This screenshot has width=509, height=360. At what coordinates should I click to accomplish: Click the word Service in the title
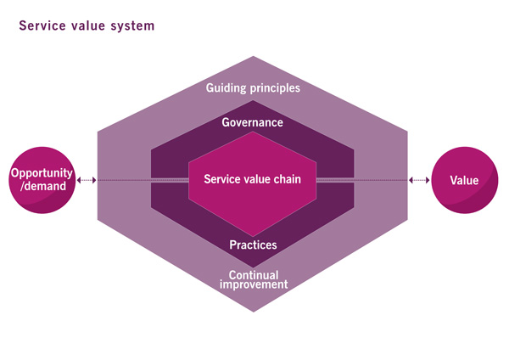point(42,25)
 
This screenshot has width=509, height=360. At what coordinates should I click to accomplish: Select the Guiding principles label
point(253,88)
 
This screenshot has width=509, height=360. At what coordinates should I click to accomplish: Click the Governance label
point(253,122)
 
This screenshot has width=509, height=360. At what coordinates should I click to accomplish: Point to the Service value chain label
point(253,179)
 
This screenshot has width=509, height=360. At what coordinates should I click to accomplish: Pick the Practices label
point(253,245)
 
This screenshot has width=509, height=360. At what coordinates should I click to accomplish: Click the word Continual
point(254,275)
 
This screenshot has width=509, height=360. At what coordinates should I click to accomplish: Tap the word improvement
point(254,284)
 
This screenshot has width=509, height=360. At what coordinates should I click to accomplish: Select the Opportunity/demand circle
point(42,180)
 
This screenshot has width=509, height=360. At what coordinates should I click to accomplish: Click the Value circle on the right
point(465,180)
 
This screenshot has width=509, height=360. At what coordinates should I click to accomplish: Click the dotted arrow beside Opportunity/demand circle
point(87,180)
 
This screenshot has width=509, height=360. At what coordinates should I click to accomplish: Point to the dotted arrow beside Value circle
point(419,180)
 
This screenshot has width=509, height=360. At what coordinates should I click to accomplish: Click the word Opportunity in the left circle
point(42,173)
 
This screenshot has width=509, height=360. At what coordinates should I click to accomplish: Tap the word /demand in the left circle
point(43,186)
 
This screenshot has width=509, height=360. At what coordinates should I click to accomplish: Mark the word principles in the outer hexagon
point(275,88)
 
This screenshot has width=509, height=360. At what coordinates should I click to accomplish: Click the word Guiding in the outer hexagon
point(226,88)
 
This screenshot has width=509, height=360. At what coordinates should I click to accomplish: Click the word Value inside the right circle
point(465,180)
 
